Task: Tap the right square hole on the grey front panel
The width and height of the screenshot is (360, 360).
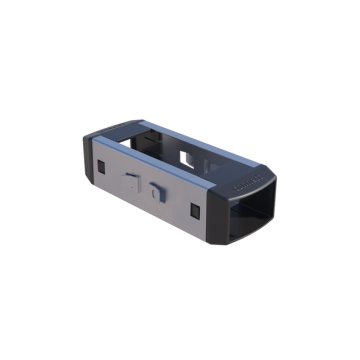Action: (193, 209)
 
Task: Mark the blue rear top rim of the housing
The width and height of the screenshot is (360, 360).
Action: (200, 135)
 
